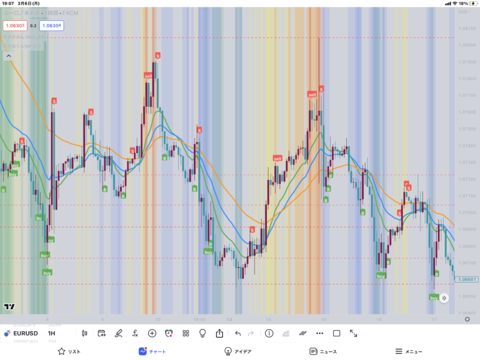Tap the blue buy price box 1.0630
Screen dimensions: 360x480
(x=52, y=25)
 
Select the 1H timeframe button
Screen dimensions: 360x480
(x=52, y=333)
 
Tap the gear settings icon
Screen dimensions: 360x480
(x=467, y=319)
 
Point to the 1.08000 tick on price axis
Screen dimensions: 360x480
(x=467, y=46)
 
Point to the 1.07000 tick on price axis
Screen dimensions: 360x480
(x=467, y=213)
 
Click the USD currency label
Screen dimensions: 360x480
(x=463, y=12)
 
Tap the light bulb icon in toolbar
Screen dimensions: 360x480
(x=203, y=333)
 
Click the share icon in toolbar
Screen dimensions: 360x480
(x=220, y=333)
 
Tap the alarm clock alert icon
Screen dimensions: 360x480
(x=169, y=333)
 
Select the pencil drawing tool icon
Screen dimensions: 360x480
(x=119, y=333)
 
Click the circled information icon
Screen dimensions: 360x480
(x=269, y=333)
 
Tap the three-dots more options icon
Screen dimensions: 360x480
(x=320, y=333)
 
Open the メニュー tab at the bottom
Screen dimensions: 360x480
(x=409, y=352)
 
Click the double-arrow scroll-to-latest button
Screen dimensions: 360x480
(x=444, y=298)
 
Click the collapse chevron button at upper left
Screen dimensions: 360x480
(x=8, y=56)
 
